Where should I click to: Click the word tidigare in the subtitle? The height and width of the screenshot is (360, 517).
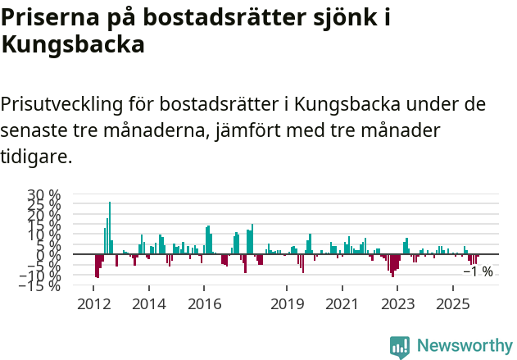click(x=37, y=156)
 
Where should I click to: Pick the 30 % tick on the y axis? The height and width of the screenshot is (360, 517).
click(x=44, y=195)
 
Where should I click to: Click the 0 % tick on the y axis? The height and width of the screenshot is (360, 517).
click(x=48, y=255)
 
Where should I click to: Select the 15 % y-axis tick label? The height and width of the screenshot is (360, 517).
click(x=44, y=225)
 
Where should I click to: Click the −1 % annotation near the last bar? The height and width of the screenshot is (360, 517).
click(x=478, y=271)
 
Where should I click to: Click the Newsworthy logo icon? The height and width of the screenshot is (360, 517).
click(x=400, y=346)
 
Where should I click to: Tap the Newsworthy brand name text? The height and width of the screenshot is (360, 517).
click(x=465, y=346)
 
